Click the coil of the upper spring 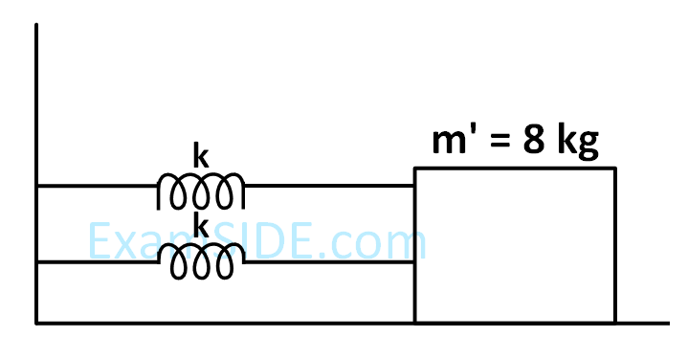[x=200, y=191]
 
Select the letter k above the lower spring [x=201, y=226]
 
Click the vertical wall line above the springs [x=36, y=96]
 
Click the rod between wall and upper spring [x=96, y=186]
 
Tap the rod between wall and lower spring [x=96, y=261]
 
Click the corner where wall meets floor [x=36, y=323]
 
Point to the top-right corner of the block [x=615, y=169]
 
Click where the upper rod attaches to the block [x=414, y=186]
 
